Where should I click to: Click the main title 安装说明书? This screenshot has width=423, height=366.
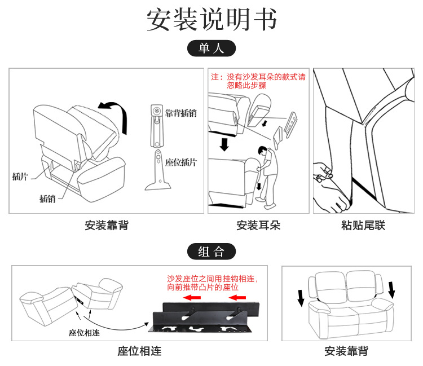coord(211,20)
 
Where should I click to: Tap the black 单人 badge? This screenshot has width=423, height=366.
coord(211,48)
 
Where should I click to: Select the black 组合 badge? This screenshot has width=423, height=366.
coord(211,252)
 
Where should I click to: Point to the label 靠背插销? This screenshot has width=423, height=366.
coord(181,113)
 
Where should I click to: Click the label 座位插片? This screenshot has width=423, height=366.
coord(181,162)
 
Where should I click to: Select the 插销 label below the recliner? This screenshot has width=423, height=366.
coord(48,198)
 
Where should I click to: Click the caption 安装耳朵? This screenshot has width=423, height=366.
coord(258,226)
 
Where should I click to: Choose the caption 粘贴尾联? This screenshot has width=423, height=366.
coord(363,226)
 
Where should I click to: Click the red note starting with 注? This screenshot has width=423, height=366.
coord(258,81)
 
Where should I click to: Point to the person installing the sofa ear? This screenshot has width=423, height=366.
coord(269,169)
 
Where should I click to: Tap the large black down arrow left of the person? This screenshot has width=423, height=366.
coord(225,144)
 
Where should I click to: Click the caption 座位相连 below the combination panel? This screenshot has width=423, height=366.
coord(139,351)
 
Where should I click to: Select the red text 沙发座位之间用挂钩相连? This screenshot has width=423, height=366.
coord(212,279)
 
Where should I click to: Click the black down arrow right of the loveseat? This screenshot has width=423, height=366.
coord(391,289)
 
